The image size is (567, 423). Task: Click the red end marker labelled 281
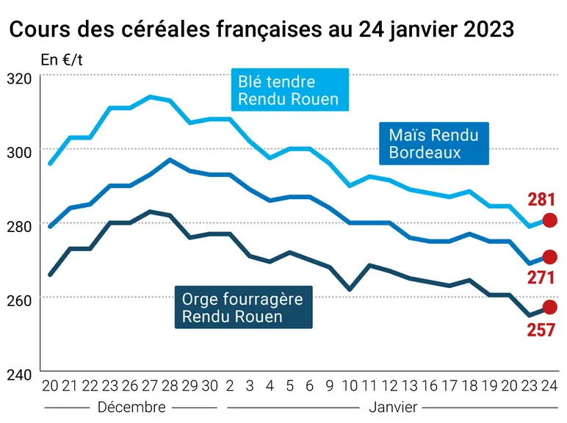coord(550,220)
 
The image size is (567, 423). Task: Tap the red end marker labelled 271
coord(550,257)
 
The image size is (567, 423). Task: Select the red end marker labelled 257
coord(550,307)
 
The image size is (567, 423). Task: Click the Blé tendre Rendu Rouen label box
coord(290,90)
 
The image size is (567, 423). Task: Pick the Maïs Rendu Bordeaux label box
coord(434,143)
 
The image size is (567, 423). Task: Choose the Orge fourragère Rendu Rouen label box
coord(243,307)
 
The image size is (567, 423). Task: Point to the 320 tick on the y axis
coord(19,79)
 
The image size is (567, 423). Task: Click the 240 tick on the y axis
coord(19,375)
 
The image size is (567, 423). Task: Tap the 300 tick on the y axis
coord(19,153)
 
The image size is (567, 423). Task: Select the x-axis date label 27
coord(150,386)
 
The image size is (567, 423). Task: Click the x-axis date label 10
coord(350,386)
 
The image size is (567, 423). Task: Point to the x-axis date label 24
coord(549,386)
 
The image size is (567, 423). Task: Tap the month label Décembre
coord(131,408)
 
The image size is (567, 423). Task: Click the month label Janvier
coord(393,408)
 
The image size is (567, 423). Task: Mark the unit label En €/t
coord(62,60)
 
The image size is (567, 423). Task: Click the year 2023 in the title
coord(488,29)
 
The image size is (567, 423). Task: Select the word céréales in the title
coord(166,29)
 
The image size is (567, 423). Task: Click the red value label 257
coord(541,330)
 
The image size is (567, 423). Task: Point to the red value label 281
coord(541,200)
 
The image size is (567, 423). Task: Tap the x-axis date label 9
coord(330,386)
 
